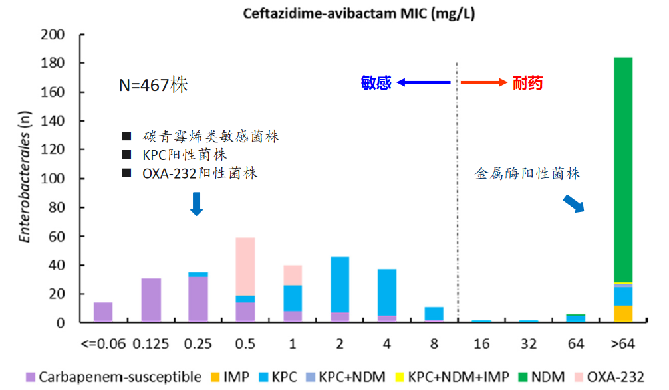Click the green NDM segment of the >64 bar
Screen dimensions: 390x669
[x=623, y=169]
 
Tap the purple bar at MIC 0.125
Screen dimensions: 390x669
[x=152, y=300]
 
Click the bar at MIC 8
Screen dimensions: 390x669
[x=434, y=314]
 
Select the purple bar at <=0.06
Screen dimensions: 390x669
[x=103, y=312]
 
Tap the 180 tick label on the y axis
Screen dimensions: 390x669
[x=53, y=63]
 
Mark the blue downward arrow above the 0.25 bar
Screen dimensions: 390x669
[x=196, y=203]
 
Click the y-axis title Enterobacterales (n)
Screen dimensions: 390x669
[x=25, y=179]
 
